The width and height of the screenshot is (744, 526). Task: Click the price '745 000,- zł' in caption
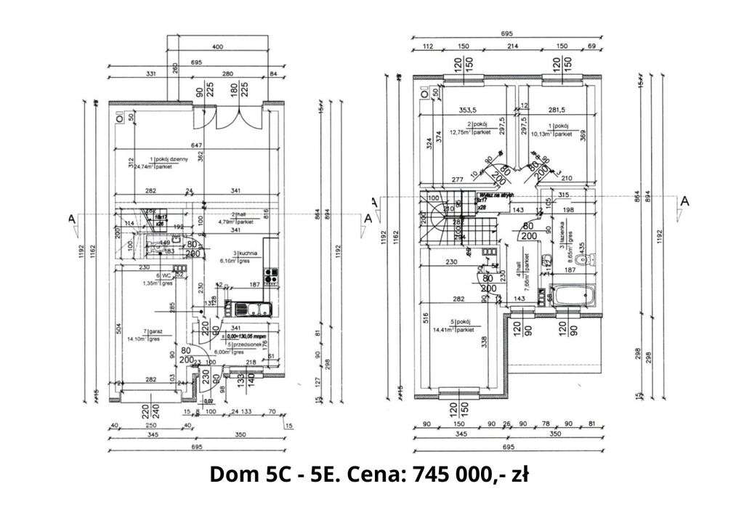point(469,475)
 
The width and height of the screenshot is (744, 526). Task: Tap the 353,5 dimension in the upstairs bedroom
point(468,110)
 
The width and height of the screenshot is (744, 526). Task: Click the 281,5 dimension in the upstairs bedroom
point(557,110)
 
